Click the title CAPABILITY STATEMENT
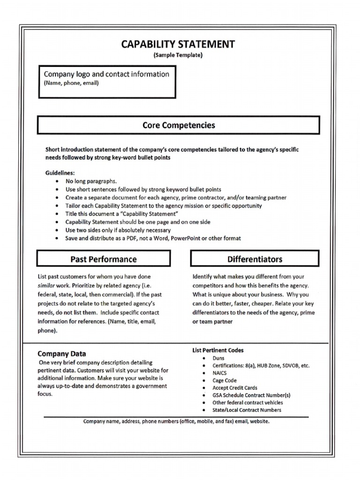click(178, 45)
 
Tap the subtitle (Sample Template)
click(178, 55)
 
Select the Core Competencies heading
click(179, 125)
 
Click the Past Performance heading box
click(104, 259)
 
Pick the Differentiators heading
click(255, 259)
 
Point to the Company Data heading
click(61, 354)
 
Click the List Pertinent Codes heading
click(218, 350)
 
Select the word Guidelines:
click(60, 173)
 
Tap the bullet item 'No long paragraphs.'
click(91, 181)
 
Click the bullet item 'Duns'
click(218, 358)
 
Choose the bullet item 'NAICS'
click(220, 373)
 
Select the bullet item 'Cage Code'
click(225, 381)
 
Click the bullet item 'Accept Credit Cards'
click(235, 388)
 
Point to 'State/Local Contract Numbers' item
click(247, 410)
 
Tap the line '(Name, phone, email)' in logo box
click(71, 83)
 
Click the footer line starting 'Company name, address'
click(176, 421)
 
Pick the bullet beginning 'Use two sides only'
click(118, 230)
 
